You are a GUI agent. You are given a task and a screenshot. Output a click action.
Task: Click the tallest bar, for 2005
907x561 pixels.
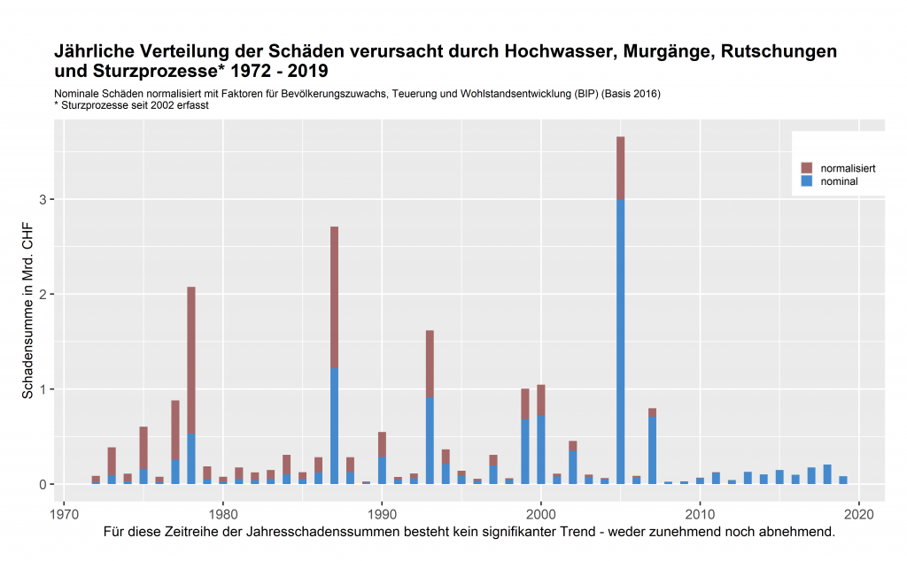620,310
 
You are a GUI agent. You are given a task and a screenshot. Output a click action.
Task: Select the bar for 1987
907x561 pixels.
334,354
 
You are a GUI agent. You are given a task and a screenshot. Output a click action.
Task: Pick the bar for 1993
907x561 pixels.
430,407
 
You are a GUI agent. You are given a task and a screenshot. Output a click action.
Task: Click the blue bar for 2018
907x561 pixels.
826,474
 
